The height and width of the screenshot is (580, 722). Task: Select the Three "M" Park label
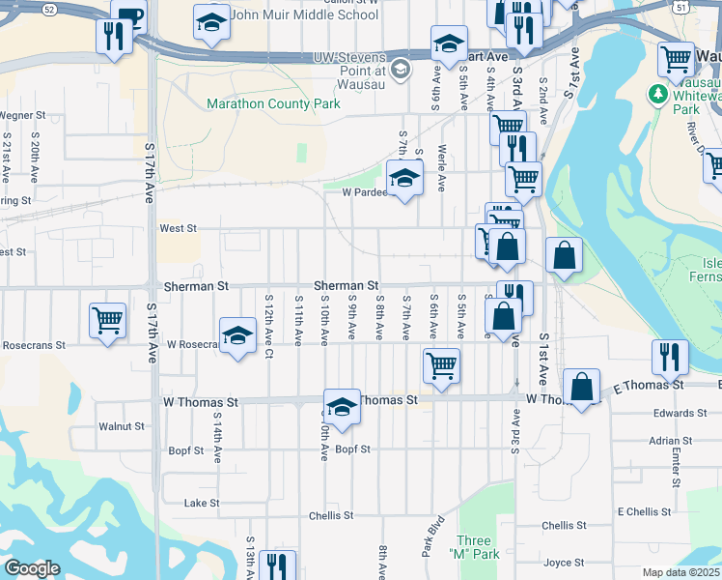[x=474, y=547]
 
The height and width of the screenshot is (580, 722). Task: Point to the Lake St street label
[x=202, y=504]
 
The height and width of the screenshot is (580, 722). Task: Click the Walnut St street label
[x=122, y=425]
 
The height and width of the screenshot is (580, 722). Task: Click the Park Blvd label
[x=430, y=535]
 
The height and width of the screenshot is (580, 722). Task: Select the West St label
[x=178, y=229]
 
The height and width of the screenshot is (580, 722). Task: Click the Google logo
[x=32, y=568]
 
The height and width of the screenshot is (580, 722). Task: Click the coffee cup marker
[x=127, y=15]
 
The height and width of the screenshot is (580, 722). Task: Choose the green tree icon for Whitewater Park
[x=658, y=94]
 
